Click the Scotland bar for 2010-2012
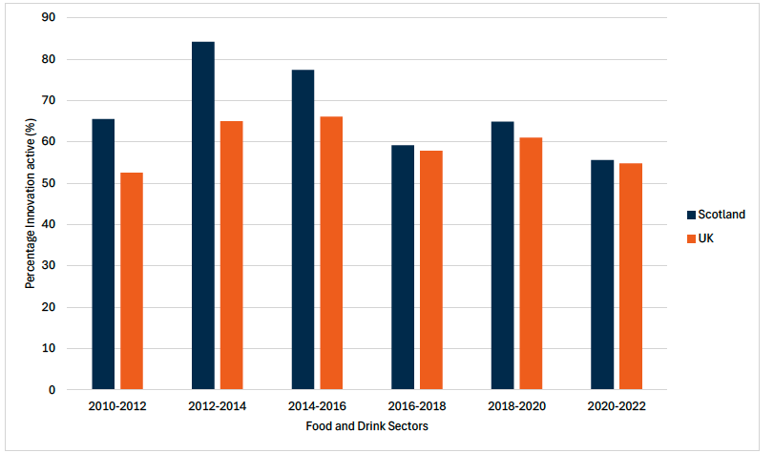103,254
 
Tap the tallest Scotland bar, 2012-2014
203,216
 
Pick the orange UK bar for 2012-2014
232,255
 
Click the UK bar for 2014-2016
331,253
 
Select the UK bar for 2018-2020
531,263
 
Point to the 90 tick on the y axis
49,18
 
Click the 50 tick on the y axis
49,183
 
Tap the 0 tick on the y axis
52,390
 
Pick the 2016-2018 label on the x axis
416,406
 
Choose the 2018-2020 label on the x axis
516,406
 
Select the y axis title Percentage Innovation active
31,203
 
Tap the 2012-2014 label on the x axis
218,406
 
